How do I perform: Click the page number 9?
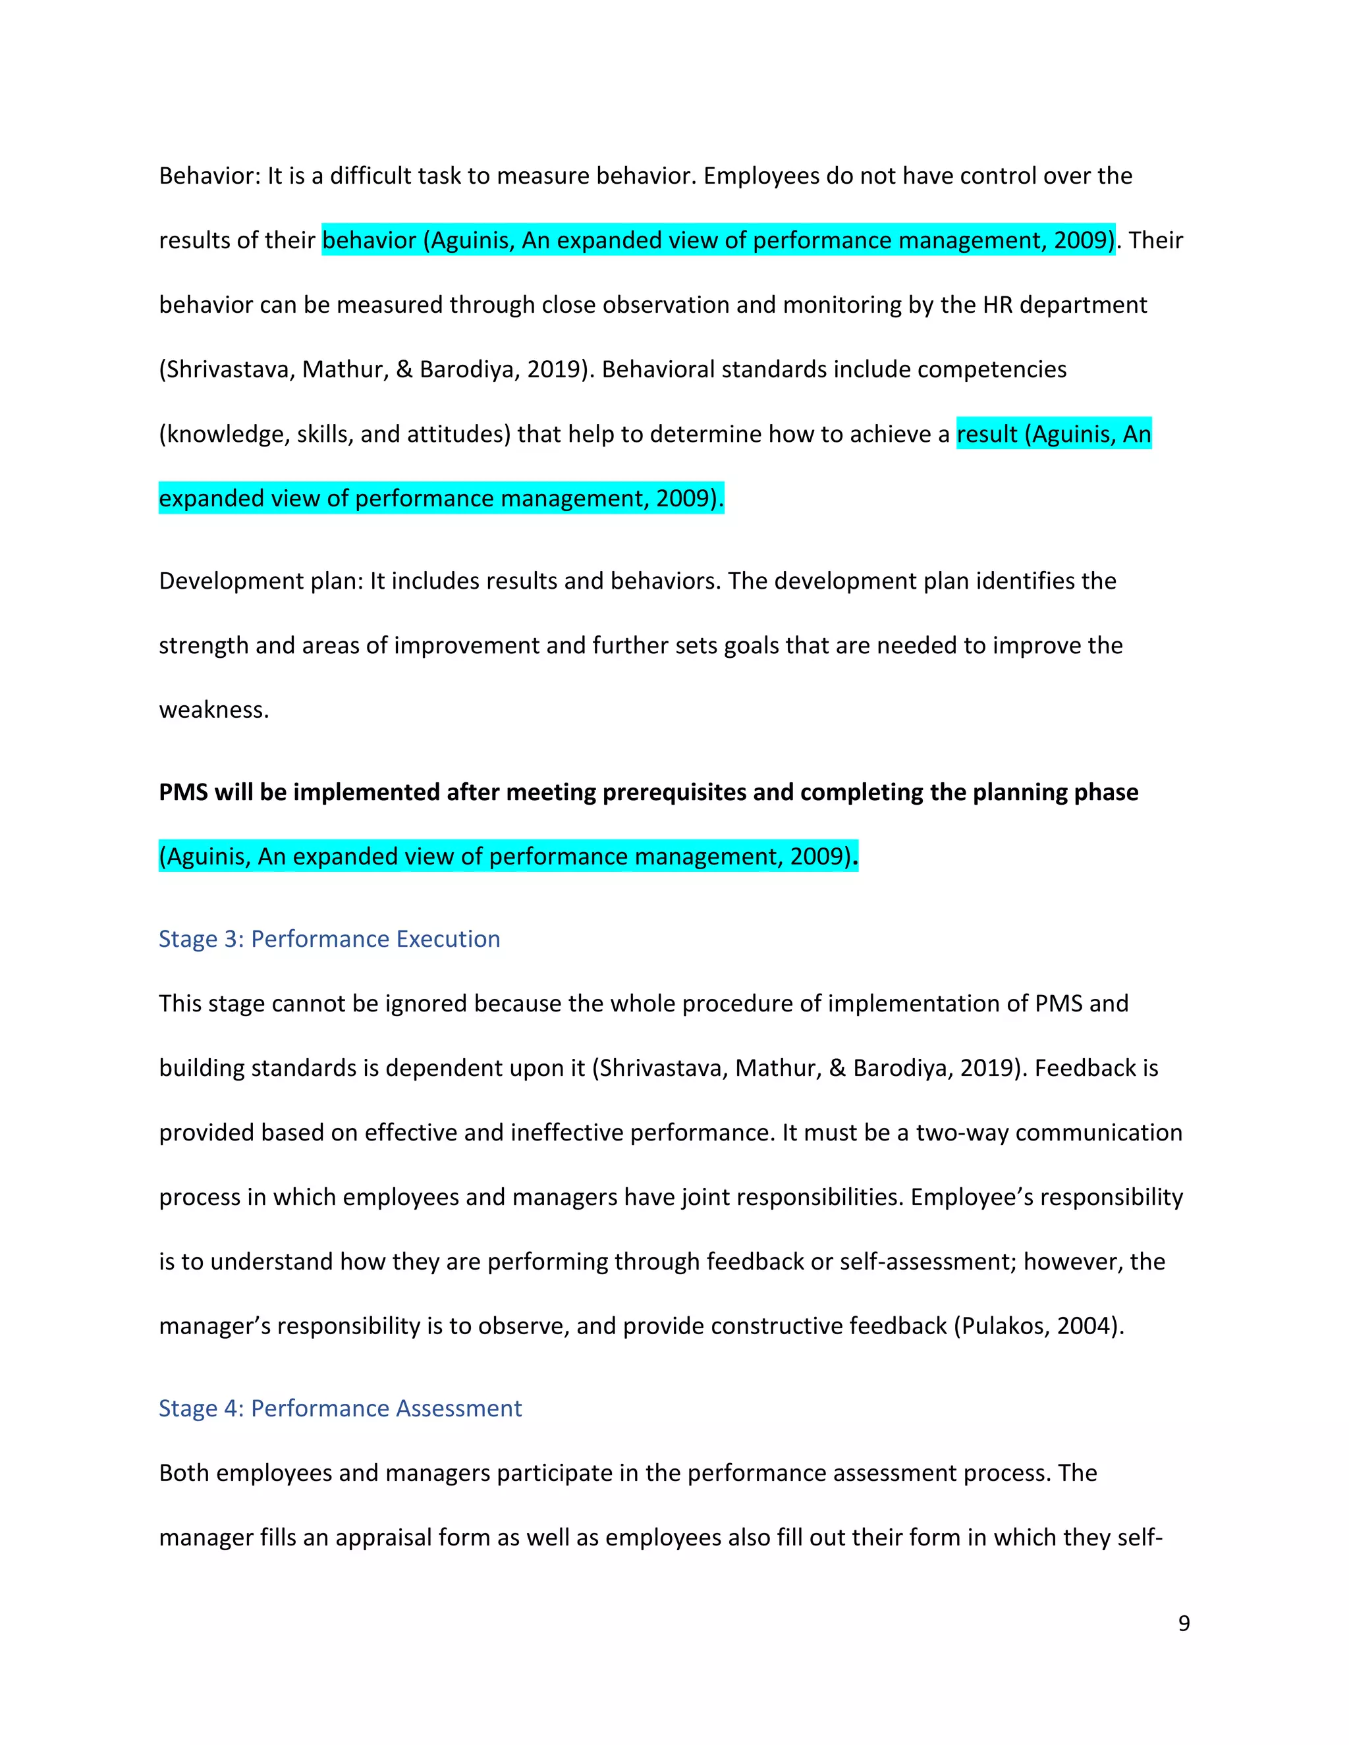pos(1184,1623)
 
